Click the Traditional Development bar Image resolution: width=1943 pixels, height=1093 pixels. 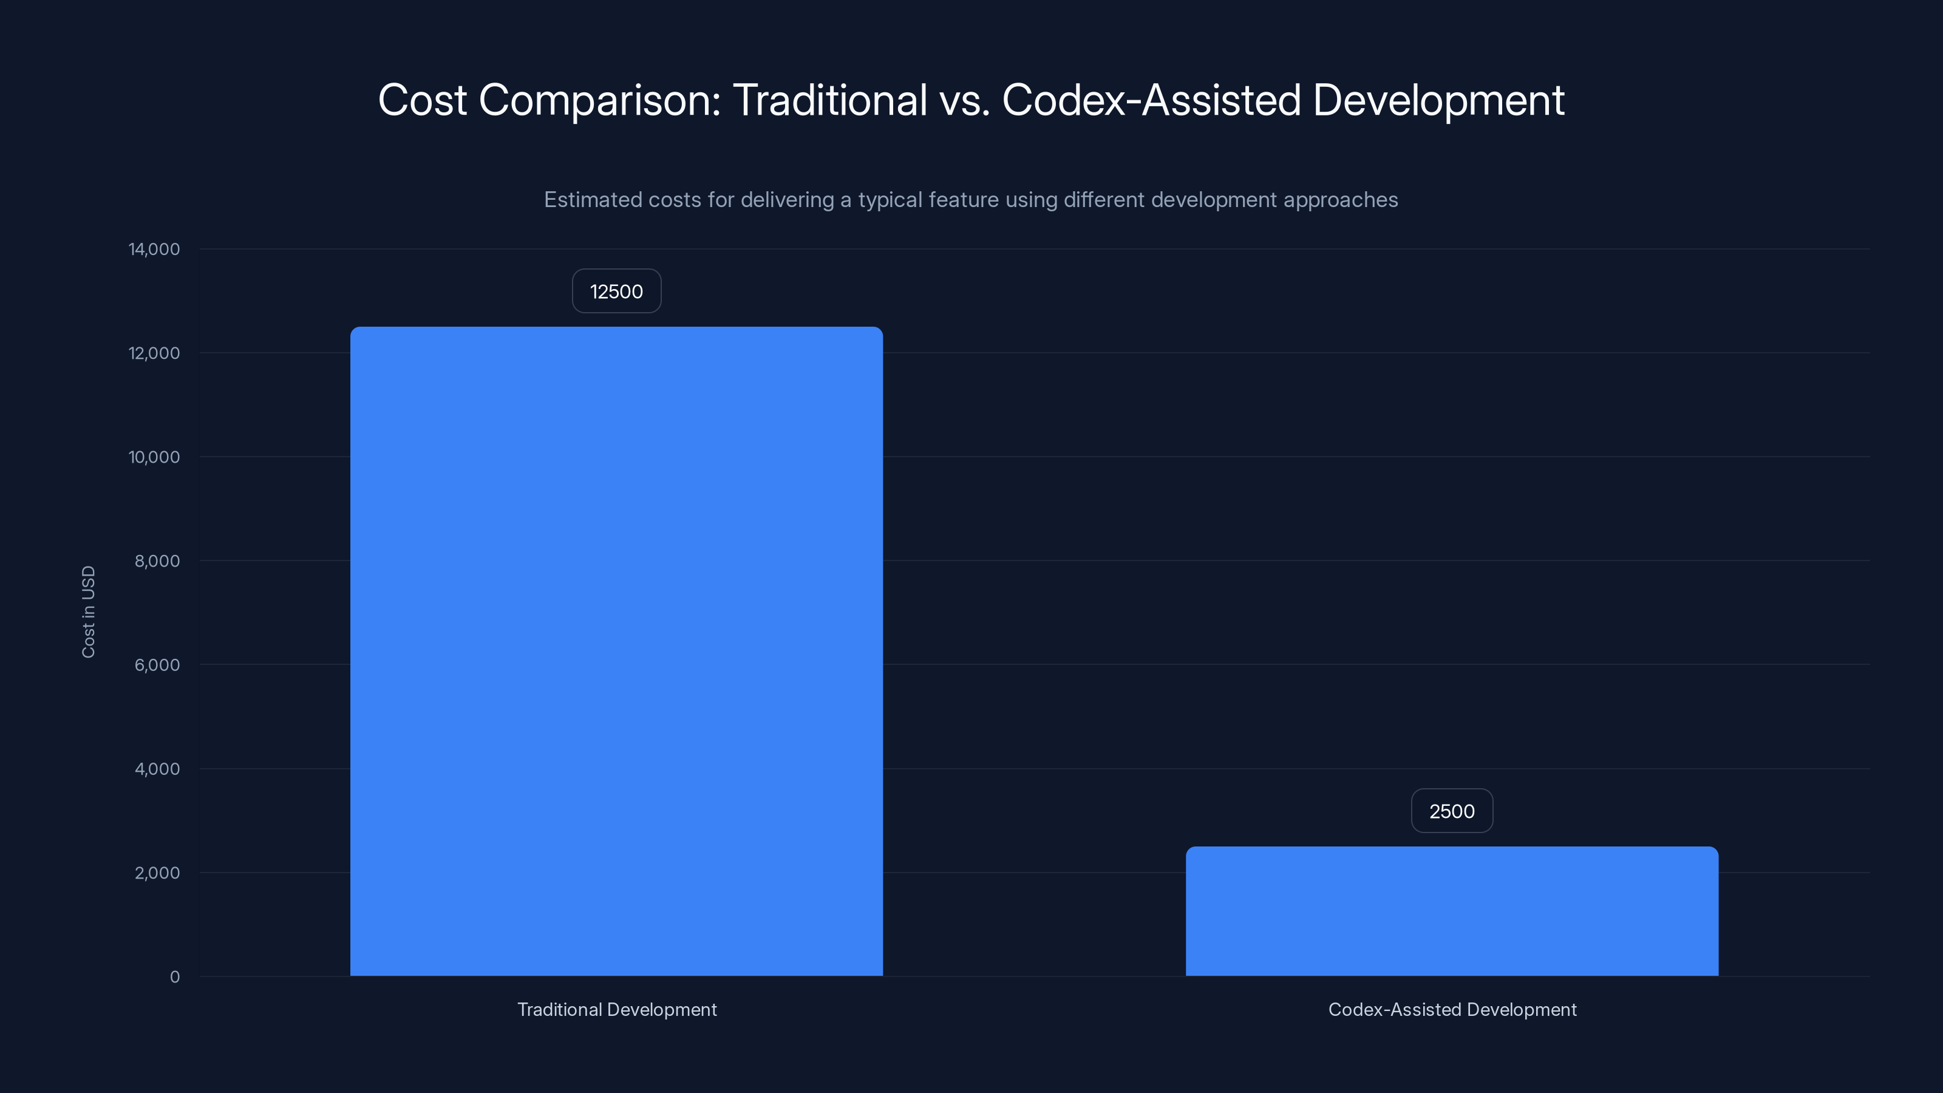tap(616, 651)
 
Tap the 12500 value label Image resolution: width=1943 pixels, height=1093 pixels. tap(616, 291)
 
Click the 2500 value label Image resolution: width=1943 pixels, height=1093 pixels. tap(1451, 811)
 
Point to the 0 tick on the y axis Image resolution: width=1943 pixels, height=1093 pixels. tap(175, 977)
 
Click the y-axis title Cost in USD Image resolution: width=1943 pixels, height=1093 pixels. tap(88, 611)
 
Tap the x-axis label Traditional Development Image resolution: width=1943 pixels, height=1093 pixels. tap(617, 1009)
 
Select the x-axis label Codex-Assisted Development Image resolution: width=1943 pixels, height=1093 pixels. tap(1452, 1009)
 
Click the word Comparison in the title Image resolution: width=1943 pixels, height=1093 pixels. tap(600, 100)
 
